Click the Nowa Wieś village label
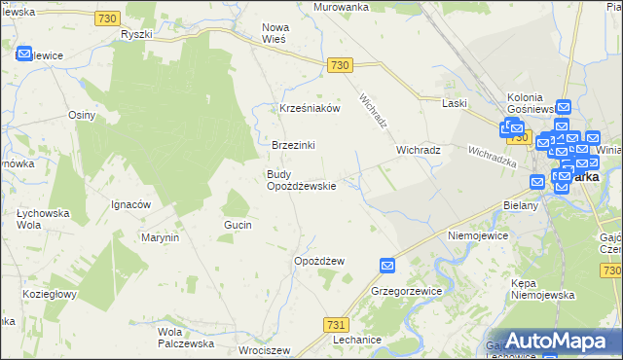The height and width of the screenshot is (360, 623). pyautogui.click(x=276, y=34)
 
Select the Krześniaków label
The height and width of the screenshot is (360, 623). pyautogui.click(x=310, y=108)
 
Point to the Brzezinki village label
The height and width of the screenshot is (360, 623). pyautogui.click(x=293, y=145)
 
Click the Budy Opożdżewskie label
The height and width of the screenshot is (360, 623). pyautogui.click(x=302, y=180)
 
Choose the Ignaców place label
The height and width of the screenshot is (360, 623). pyautogui.click(x=130, y=204)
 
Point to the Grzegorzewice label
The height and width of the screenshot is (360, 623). pyautogui.click(x=407, y=291)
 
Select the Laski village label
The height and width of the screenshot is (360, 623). pyautogui.click(x=455, y=102)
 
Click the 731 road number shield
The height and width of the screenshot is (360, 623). pyautogui.click(x=336, y=325)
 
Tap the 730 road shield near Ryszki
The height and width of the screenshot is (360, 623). pyautogui.click(x=108, y=18)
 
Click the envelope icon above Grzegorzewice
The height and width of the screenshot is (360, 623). pyautogui.click(x=387, y=265)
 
